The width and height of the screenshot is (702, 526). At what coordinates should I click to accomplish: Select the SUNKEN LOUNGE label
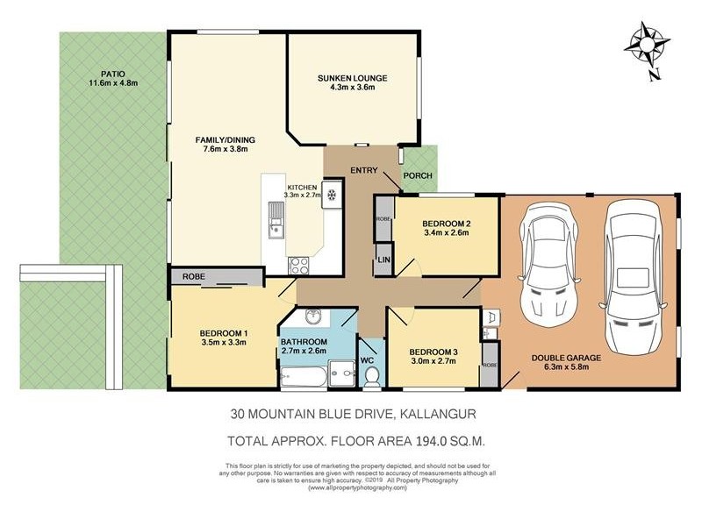352,78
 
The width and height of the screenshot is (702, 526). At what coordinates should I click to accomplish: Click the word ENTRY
363,169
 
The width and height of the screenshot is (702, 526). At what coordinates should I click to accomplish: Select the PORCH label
418,175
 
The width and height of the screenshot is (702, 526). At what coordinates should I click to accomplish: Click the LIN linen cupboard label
383,259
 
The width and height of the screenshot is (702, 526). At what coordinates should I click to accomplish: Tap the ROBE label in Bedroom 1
194,276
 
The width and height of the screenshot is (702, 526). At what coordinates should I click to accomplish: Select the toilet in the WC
371,375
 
